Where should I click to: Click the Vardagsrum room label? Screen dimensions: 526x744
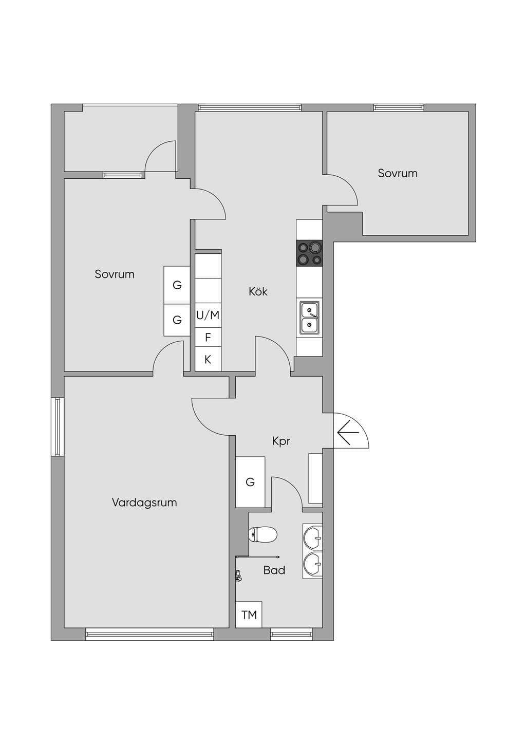coord(144,503)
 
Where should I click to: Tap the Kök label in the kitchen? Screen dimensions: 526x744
coord(258,292)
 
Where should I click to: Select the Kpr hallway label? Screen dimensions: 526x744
coord(281,441)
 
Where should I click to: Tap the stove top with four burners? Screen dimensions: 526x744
coord(309,253)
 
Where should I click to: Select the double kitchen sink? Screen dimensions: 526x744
coord(310,318)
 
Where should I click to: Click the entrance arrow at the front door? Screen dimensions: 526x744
coord(348,433)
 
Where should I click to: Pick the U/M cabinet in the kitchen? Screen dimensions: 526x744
coord(208,315)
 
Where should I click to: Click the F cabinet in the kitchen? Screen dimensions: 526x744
coord(208,337)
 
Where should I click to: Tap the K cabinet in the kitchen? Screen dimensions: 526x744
coord(208,359)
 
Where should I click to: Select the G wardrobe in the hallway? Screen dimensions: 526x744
coord(250,482)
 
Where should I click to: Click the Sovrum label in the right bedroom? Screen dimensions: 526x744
coord(398,173)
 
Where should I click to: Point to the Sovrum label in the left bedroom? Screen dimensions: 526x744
coord(115,274)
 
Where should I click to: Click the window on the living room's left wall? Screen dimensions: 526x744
coord(58,426)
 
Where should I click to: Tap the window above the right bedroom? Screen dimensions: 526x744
coord(399,107)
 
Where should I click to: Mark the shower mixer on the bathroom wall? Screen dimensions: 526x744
coord(238,576)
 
